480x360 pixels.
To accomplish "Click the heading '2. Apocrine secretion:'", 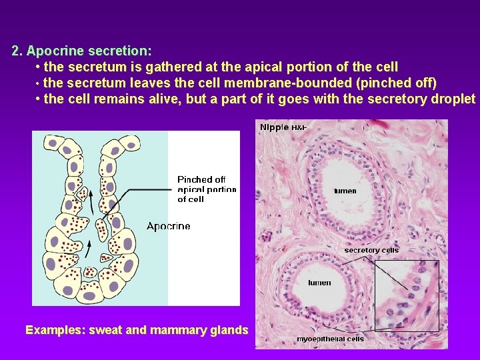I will coord(81,51).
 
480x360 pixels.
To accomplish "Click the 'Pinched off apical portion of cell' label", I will coord(205,189).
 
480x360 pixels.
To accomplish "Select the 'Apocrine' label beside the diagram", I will coord(168,226).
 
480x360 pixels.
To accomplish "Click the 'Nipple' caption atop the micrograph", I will coord(274,127).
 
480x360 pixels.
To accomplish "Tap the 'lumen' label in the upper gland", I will coord(345,191).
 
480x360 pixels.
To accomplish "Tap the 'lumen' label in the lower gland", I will coord(319,283).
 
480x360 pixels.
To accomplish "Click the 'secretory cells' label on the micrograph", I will coord(371,250).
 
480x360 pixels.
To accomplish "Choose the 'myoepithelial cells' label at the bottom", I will coord(330,339).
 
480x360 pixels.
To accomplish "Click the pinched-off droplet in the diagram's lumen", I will coord(101,229).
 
